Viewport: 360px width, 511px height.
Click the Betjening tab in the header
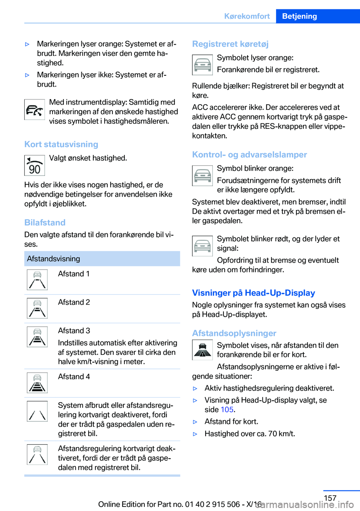click(299, 16)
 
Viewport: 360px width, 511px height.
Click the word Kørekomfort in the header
click(247, 16)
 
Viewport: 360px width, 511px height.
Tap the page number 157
click(330, 498)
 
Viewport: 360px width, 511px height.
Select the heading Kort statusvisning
click(61, 144)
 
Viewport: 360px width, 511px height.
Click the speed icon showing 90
click(34, 165)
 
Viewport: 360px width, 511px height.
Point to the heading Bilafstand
click(45, 222)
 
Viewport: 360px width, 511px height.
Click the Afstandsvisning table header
click(54, 259)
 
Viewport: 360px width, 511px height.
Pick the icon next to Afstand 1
click(37, 280)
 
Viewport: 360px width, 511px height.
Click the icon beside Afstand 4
click(37, 383)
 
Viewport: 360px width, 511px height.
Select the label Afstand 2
click(74, 302)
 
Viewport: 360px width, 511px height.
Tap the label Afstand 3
click(74, 331)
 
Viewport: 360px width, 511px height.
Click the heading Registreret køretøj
click(230, 44)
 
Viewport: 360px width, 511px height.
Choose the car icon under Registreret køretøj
click(202, 65)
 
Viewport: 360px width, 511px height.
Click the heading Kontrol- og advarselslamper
click(249, 155)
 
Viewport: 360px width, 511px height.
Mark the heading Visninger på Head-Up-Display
click(253, 293)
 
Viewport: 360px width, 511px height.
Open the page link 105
click(227, 410)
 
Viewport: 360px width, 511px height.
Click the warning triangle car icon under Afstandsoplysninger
click(202, 350)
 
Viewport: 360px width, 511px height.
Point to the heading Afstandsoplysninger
click(234, 334)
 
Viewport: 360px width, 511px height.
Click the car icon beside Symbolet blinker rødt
click(202, 246)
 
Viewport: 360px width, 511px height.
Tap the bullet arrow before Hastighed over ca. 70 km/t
click(195, 434)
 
